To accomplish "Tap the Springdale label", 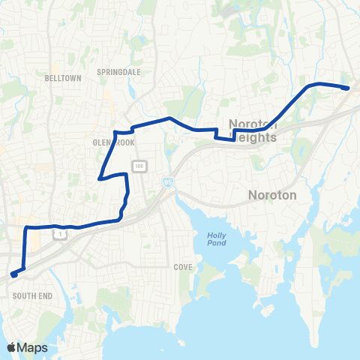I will (114, 72).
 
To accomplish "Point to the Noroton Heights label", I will (253, 131).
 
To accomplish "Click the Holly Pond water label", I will (215, 240).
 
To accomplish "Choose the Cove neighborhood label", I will (183, 266).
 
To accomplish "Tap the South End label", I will (33, 296).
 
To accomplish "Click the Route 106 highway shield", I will (140, 165).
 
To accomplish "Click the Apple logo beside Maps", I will (12, 347).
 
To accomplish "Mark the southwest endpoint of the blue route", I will (14, 274).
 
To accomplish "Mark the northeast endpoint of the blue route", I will (347, 88).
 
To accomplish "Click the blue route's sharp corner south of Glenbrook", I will (100, 178).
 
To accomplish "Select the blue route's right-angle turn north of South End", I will (27, 227).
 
